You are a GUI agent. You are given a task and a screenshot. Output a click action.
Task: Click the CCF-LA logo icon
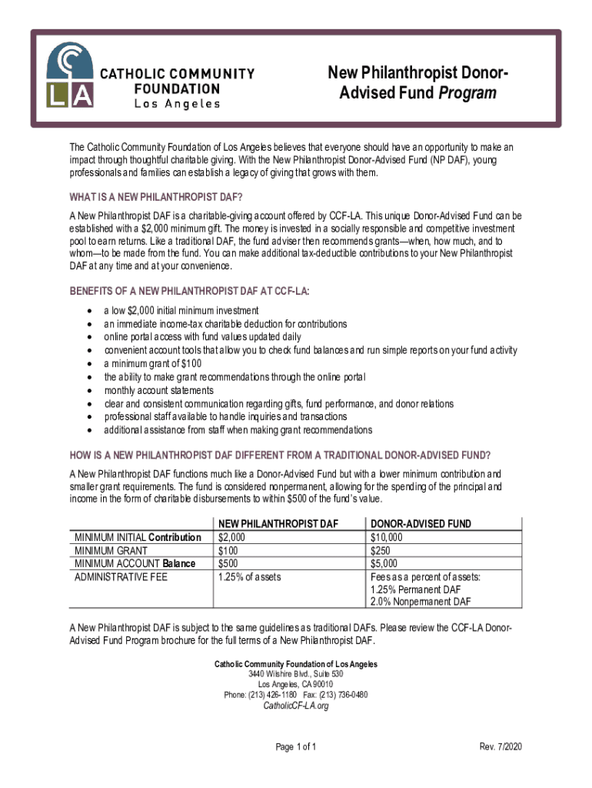tap(71, 75)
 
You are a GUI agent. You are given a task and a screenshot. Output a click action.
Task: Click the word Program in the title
tap(467, 93)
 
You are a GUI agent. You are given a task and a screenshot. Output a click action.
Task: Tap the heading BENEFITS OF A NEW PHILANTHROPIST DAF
tap(195, 290)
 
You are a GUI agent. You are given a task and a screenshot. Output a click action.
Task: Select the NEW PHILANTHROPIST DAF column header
tap(278, 524)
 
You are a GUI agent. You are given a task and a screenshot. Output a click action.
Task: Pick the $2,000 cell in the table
tap(232, 537)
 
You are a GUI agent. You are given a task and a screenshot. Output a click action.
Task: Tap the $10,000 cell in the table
tap(386, 537)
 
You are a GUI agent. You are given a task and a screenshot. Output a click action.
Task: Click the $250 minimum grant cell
tap(381, 550)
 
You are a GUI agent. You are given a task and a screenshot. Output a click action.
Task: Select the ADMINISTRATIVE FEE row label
tap(121, 576)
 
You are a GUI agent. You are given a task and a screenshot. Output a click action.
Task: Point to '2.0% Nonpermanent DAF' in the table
tap(421, 601)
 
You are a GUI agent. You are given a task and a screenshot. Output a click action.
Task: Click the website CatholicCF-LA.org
tap(296, 706)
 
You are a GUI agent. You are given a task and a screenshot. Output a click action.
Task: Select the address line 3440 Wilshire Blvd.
tap(296, 674)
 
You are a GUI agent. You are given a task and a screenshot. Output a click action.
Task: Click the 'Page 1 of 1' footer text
tap(296, 747)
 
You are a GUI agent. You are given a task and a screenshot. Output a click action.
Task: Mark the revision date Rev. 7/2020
tap(501, 747)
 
